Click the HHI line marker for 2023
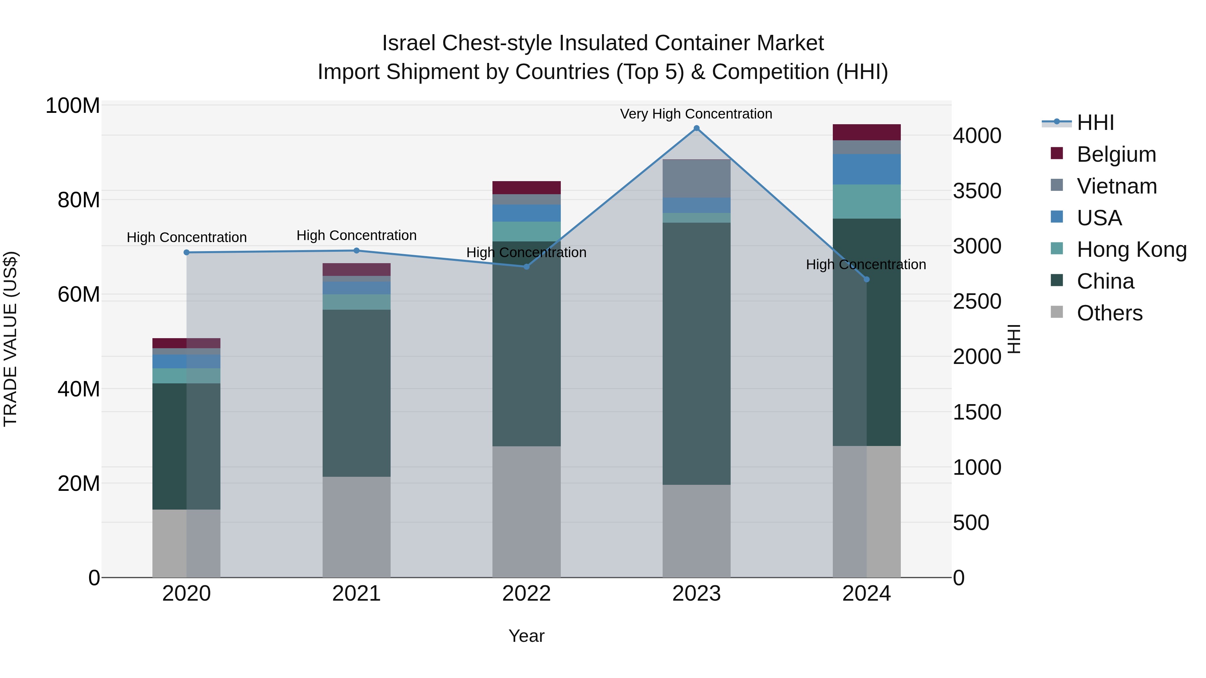point(696,128)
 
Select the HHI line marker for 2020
point(186,252)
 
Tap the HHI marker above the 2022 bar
point(526,267)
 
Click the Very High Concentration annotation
point(696,114)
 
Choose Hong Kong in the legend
point(1131,249)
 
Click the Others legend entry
point(1109,313)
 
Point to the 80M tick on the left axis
point(79,200)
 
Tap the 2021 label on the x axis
point(356,594)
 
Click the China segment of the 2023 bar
point(696,353)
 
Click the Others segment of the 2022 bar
point(526,511)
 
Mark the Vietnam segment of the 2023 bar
point(696,179)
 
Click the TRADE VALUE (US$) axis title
point(10,339)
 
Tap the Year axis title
point(526,636)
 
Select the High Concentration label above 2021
point(356,235)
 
